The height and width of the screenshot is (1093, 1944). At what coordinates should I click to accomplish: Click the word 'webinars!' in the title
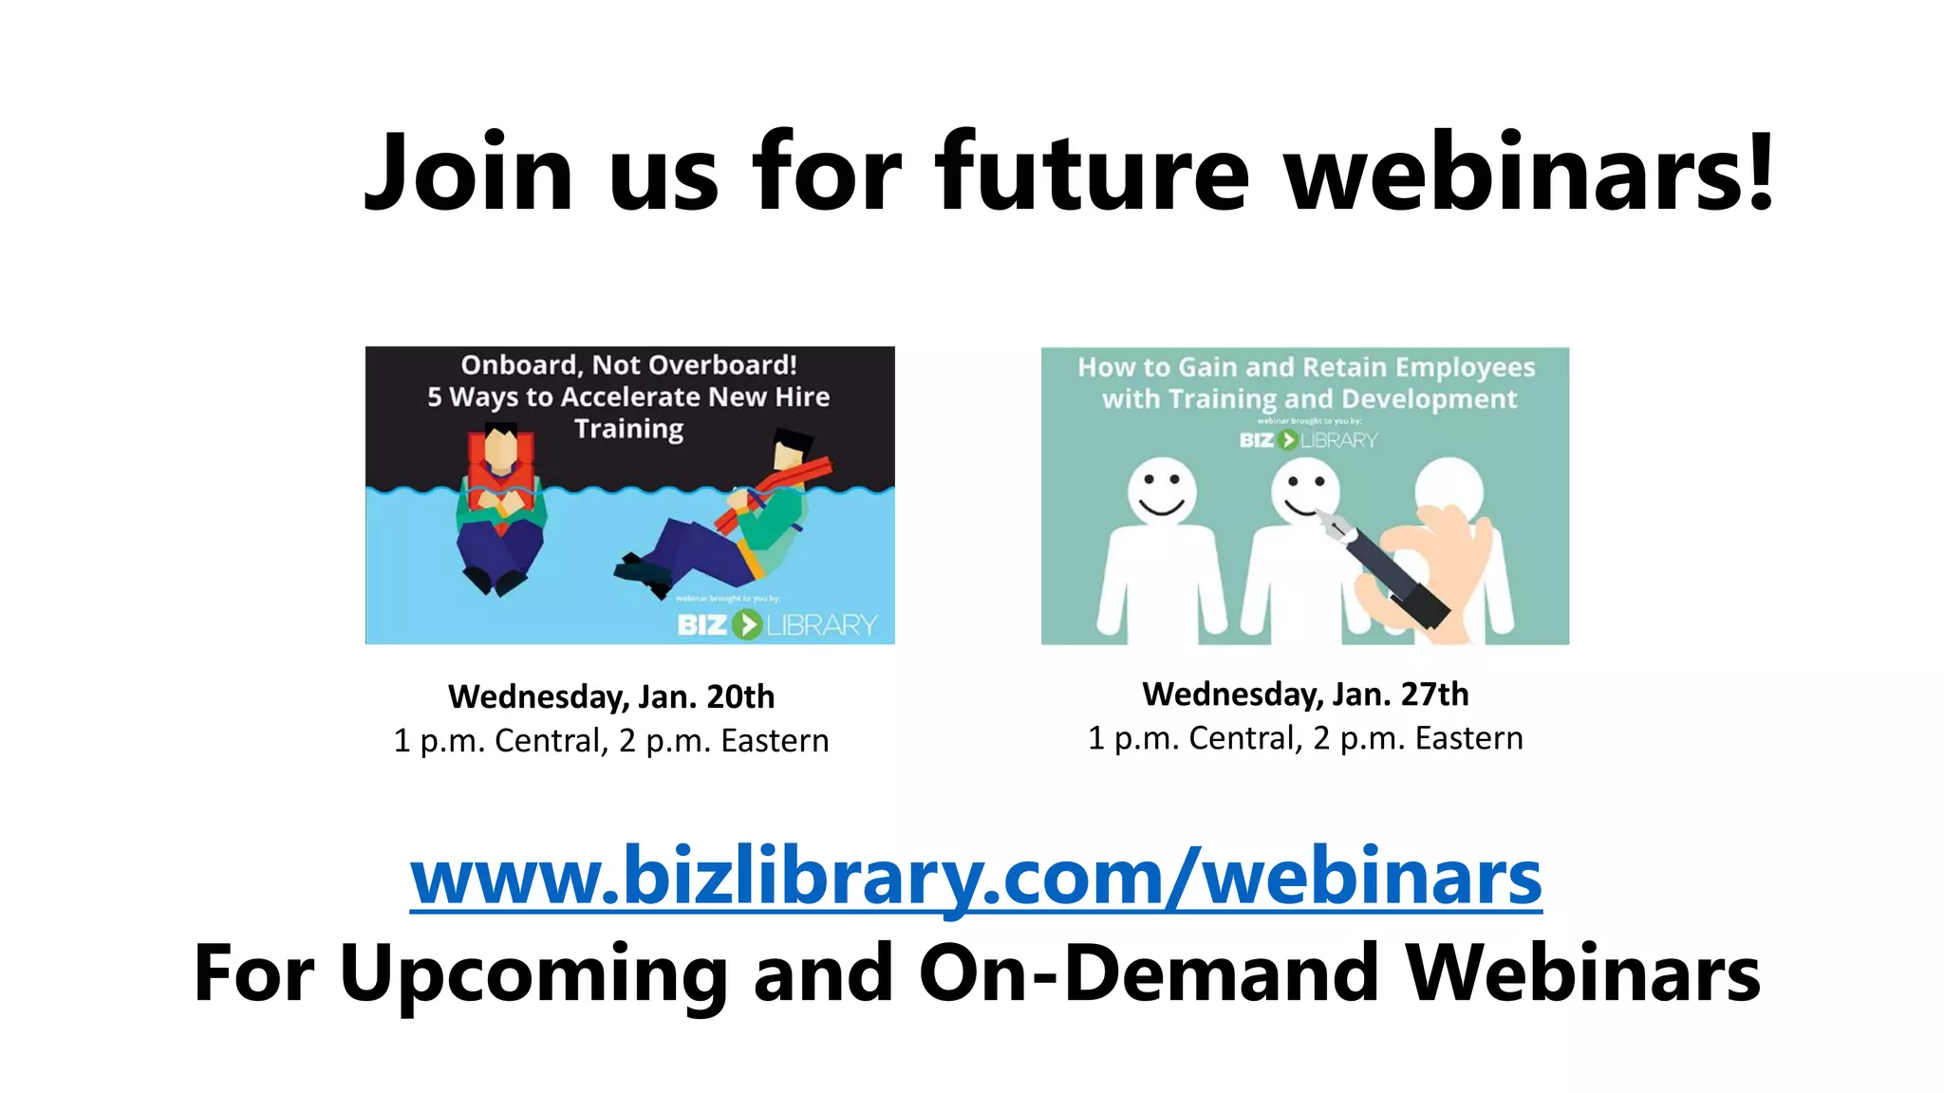coord(1529,173)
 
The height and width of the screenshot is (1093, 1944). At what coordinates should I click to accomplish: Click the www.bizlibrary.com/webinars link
coord(976,878)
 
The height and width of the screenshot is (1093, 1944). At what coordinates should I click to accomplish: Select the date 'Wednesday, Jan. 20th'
coord(611,696)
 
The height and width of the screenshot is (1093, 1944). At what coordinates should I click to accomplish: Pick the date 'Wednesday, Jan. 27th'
coord(1305,694)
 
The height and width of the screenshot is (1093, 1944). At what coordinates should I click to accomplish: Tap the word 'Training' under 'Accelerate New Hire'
coord(628,429)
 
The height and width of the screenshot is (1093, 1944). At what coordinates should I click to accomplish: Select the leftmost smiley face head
coord(1162,491)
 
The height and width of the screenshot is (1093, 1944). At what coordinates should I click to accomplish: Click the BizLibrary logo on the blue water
coord(776,624)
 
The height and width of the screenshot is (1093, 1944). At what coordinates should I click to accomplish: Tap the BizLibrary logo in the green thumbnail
coord(1307,440)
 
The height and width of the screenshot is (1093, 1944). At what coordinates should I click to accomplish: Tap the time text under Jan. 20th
coord(611,740)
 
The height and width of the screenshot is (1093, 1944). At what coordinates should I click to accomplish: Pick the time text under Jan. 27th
coord(1305,738)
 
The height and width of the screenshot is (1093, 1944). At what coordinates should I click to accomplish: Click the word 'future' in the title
coord(1093,173)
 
